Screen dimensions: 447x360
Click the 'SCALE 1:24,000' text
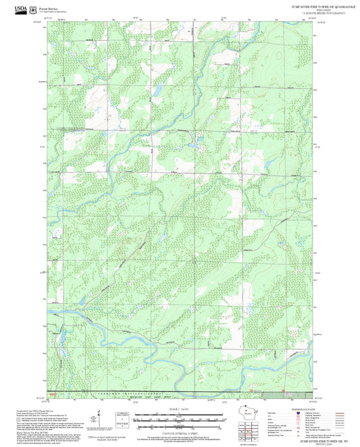(179, 409)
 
